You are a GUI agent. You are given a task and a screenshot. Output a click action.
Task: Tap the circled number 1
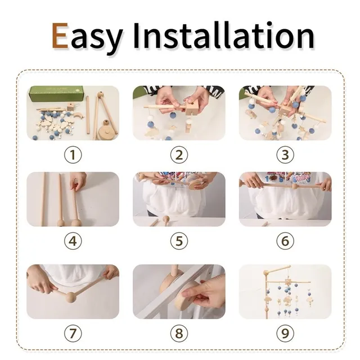pos(73,155)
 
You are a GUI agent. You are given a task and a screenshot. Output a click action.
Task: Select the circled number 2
pos(179,155)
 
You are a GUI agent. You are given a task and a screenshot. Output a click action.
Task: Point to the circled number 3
pos(285,155)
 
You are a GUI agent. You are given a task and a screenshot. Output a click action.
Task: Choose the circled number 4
pos(73,241)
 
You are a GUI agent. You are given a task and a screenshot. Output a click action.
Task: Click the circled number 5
pos(179,241)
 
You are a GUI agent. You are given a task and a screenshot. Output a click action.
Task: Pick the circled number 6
pos(285,241)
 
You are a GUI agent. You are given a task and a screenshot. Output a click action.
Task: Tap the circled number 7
pos(73,333)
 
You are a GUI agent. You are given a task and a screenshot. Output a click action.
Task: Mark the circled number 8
pos(179,333)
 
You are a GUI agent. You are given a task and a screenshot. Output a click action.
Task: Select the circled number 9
pos(285,333)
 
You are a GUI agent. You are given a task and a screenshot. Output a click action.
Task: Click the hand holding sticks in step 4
pos(79,181)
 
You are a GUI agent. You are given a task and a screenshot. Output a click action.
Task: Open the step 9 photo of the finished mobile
pos(285,291)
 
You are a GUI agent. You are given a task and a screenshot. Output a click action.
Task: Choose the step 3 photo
pos(285,112)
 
